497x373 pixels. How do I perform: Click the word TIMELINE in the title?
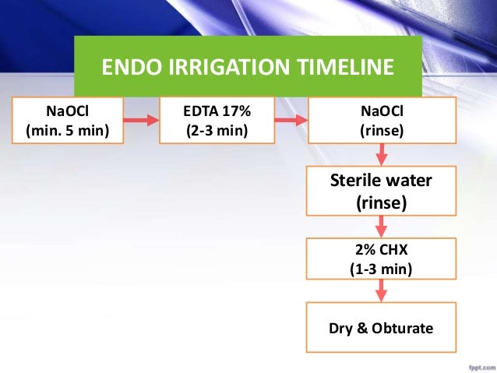point(344,69)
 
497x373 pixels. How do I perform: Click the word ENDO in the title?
point(128,69)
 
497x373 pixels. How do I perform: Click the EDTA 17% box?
point(216,121)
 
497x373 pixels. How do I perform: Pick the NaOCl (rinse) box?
point(381,121)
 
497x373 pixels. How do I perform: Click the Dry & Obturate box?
point(381,329)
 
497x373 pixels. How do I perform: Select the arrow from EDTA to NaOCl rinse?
point(291,121)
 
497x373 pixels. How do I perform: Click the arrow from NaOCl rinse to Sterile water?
point(381,155)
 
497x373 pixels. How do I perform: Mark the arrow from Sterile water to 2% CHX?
point(381,227)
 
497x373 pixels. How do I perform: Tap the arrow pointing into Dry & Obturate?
point(381,294)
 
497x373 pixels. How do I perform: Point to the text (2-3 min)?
point(216,130)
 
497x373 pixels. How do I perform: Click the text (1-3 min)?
point(381,269)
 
